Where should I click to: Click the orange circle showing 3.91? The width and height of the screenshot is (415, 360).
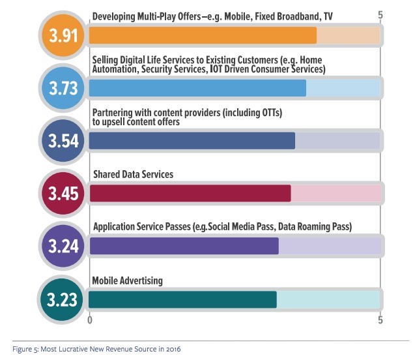63,35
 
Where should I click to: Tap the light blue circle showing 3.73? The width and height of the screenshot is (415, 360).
63,87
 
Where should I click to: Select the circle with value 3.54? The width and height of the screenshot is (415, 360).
63,140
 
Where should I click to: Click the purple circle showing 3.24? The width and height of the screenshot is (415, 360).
63,246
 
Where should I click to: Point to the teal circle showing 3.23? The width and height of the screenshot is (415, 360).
63,299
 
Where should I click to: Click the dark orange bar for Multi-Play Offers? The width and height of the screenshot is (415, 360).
203,35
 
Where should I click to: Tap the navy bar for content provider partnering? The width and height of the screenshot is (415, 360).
192,140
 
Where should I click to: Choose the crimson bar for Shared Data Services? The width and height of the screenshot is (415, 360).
190,193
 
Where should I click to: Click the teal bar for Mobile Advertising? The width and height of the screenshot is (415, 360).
182,299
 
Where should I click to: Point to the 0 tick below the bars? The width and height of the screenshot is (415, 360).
90,320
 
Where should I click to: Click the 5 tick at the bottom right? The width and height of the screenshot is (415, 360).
380,320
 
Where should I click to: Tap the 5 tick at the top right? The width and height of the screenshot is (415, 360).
380,14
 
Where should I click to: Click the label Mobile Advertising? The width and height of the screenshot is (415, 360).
127,281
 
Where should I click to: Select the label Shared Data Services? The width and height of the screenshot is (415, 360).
133,175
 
